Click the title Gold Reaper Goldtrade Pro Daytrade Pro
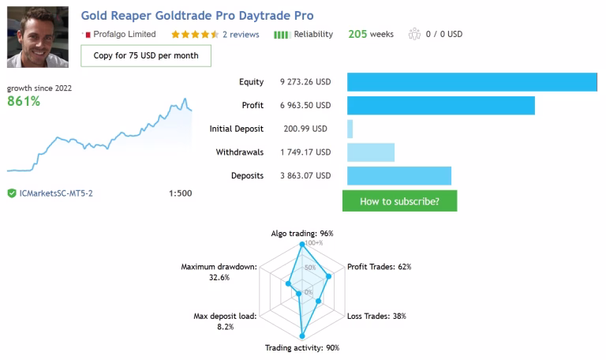click(197, 16)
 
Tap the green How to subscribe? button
click(399, 201)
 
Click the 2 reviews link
click(241, 35)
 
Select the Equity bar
click(472, 82)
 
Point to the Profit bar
click(441, 106)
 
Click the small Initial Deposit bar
click(350, 129)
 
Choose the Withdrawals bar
click(371, 152)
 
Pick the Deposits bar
click(398, 176)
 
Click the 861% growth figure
click(24, 101)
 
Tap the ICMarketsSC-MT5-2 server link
click(56, 193)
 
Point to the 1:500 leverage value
click(180, 193)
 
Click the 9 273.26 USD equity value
click(305, 82)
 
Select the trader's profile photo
click(38, 37)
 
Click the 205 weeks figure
click(371, 34)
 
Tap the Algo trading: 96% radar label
click(302, 234)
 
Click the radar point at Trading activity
click(302, 336)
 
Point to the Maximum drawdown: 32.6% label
click(219, 272)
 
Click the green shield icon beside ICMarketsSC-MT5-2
click(12, 193)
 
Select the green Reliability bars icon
click(282, 35)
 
